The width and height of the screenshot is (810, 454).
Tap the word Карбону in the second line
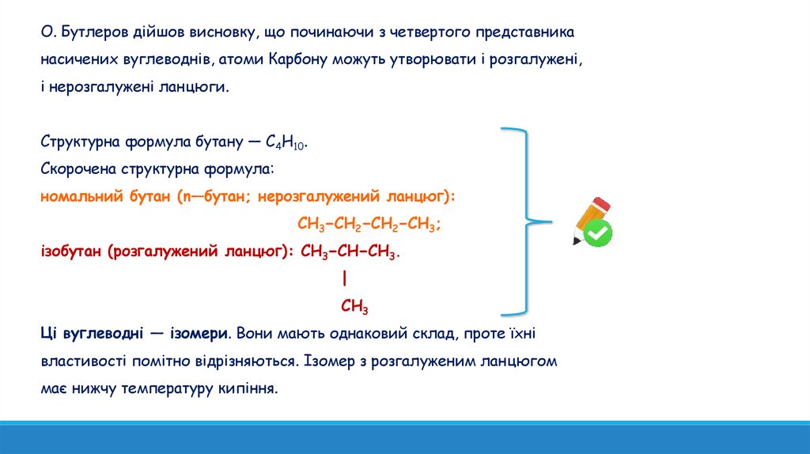point(294,60)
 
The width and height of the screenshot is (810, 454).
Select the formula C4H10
point(285,143)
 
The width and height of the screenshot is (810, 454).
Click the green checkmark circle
point(599,232)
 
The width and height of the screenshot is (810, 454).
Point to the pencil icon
point(589,217)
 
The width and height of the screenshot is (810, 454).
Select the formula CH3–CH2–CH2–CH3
point(369,224)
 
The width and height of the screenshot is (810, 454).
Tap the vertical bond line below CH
point(346,279)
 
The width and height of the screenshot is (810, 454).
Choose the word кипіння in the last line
point(252,388)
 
